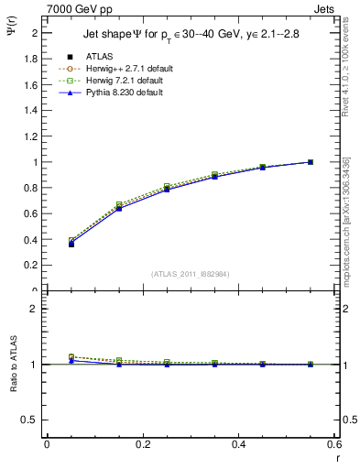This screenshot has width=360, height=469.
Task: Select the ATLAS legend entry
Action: (100, 56)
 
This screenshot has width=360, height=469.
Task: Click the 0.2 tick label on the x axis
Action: (142, 444)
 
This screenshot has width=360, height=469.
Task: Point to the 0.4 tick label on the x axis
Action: (238, 444)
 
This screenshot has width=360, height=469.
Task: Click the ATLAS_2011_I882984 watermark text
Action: (190, 274)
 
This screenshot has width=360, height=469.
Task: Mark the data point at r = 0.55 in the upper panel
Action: (310, 162)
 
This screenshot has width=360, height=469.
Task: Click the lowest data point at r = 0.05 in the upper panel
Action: (71, 245)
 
